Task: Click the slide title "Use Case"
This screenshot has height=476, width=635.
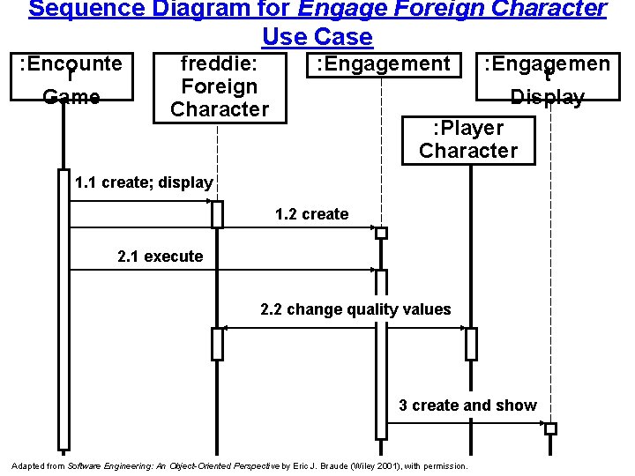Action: [x=317, y=38]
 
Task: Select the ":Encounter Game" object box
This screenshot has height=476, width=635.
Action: [x=71, y=79]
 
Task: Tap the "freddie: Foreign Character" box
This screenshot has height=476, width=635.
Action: [x=219, y=86]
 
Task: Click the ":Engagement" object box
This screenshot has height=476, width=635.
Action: [x=384, y=63]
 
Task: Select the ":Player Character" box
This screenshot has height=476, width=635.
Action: [x=468, y=139]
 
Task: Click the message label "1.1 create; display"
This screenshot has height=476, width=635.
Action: [x=144, y=183]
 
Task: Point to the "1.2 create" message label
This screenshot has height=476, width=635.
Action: [x=311, y=214]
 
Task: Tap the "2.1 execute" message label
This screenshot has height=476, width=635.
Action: [x=160, y=257]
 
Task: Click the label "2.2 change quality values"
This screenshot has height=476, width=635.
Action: [x=355, y=309]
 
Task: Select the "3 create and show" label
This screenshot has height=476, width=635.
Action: [x=467, y=405]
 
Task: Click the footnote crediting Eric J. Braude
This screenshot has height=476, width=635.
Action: [x=239, y=465]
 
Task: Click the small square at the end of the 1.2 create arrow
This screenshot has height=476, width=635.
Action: [x=381, y=234]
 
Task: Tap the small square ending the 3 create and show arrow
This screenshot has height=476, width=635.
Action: [x=550, y=429]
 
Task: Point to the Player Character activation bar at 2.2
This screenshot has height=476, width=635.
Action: [x=471, y=344]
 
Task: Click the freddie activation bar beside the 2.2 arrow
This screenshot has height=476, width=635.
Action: [x=217, y=344]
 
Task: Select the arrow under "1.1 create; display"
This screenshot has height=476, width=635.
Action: [x=141, y=202]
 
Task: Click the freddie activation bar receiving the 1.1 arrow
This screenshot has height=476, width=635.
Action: [x=217, y=214]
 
